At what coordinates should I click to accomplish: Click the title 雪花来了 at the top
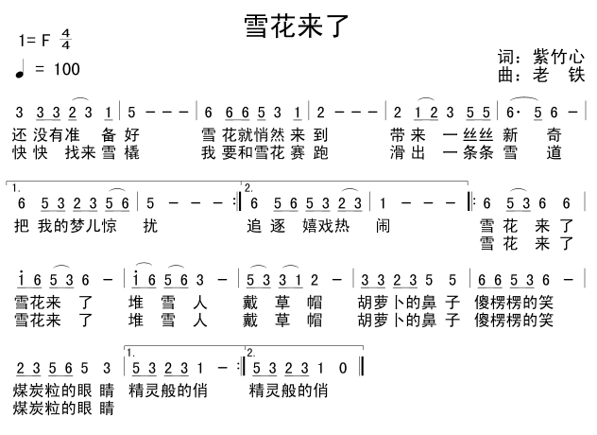point(297,26)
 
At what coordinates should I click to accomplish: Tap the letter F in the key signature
point(43,41)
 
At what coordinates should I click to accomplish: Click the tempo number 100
point(67,69)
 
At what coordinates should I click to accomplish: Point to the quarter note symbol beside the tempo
point(21,69)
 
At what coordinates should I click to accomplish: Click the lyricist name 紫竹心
point(559,56)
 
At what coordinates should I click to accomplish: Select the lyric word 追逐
point(260,226)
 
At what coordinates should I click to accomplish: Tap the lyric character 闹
point(383,226)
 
